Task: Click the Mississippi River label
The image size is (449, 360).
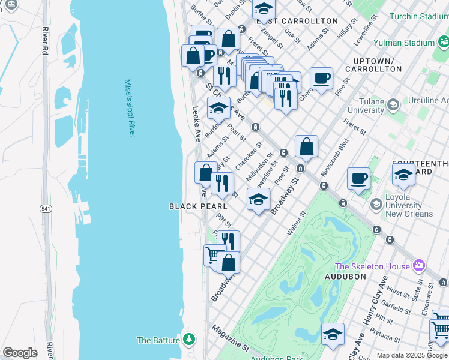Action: click(x=129, y=108)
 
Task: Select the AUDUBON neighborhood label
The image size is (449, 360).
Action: click(x=345, y=276)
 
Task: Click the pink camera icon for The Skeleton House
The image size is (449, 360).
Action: click(x=418, y=266)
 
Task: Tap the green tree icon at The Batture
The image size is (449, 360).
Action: click(x=190, y=340)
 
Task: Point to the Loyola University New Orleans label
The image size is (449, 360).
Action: click(x=402, y=205)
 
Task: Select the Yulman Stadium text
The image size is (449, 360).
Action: click(x=403, y=43)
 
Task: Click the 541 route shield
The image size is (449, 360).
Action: click(x=46, y=208)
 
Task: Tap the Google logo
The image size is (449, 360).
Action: click(x=20, y=353)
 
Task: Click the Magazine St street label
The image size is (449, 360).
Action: click(x=229, y=338)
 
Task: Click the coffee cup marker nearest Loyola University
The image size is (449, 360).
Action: click(x=358, y=178)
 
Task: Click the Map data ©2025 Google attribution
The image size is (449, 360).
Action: click(x=410, y=355)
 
